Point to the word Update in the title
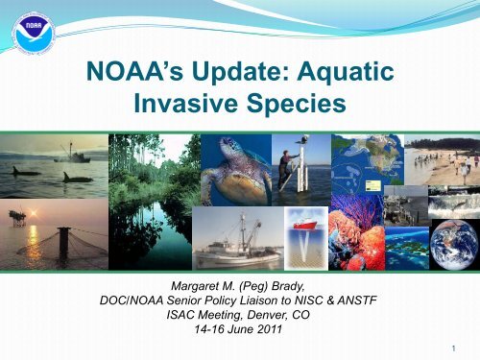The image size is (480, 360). tap(236, 72)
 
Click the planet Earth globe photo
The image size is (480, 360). tap(453, 245)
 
